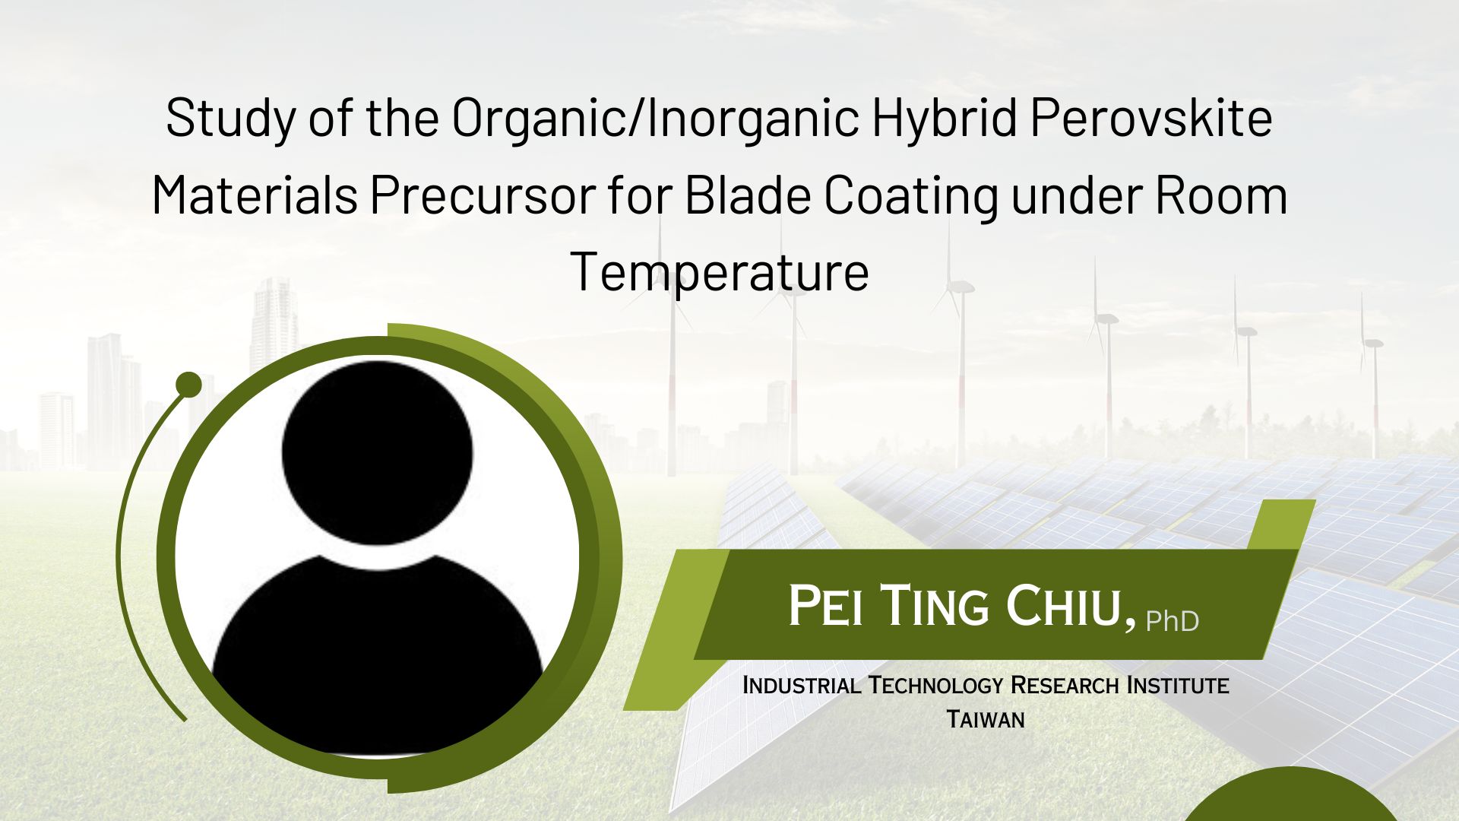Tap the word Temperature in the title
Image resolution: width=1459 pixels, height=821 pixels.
coord(719,272)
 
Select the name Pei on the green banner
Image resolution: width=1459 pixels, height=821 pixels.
coord(824,606)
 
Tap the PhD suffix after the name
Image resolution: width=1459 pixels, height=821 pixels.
coord(1173,621)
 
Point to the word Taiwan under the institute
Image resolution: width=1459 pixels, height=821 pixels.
coord(986,718)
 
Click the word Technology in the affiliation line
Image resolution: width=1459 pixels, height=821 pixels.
coord(938,685)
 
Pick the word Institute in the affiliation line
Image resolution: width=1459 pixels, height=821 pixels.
coord(1177,685)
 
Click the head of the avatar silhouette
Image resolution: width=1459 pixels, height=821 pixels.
coord(378,452)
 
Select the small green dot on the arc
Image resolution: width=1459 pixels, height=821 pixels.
coord(188,385)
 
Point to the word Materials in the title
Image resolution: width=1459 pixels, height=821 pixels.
coord(255,195)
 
